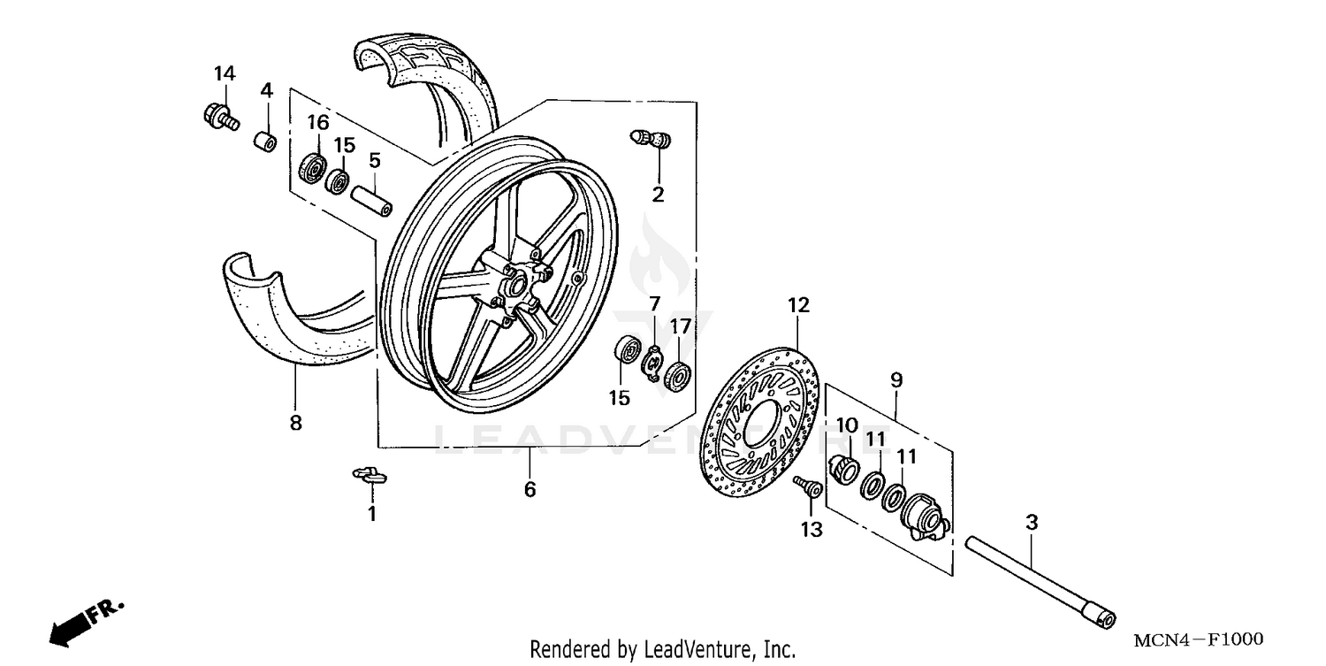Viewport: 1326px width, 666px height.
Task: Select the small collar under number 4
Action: coord(264,142)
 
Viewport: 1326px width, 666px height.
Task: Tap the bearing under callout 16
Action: coord(313,168)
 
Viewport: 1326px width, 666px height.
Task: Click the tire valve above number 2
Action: coord(651,139)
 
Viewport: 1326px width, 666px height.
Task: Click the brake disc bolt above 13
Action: coord(806,486)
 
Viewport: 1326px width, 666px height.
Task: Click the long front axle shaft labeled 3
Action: coord(1038,578)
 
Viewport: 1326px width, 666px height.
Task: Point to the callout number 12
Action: coord(798,306)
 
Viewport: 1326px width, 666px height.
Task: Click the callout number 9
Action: coord(896,380)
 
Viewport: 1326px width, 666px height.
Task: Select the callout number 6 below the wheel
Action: coord(530,489)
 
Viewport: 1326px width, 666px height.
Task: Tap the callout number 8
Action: coord(295,423)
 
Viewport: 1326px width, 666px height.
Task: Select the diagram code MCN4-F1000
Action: coord(1198,639)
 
